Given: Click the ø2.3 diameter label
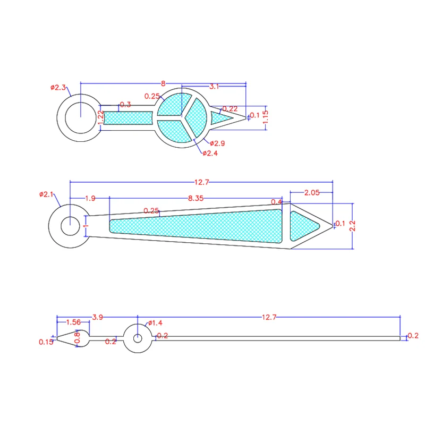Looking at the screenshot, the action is coord(58,88).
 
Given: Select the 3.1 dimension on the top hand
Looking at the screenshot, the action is coord(214,87).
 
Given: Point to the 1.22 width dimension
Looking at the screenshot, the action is coord(100,117).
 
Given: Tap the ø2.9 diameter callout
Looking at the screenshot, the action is coord(217,143).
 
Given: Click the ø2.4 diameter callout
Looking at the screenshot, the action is coord(210,153).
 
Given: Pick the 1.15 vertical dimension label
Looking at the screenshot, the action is coord(265,117).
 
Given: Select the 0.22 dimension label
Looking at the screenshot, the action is coord(230,109).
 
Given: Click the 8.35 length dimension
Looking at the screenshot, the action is coord(195,198).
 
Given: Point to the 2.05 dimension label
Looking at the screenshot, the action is coord(312,193).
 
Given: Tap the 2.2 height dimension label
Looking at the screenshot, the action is coord(353,225).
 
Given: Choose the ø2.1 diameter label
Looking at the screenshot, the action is coord(46,194).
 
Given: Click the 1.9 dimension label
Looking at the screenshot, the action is coord(90,198).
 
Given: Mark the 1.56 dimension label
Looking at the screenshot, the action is coord(73,322).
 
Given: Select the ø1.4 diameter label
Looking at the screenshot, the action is coord(155,323).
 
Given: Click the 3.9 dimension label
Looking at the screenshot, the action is coord(98,317).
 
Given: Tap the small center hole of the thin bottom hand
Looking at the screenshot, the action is coord(138,338).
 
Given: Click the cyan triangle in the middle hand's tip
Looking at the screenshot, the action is coord(302,226).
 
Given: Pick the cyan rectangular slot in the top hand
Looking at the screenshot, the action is coord(128,118).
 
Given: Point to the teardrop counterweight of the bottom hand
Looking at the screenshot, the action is coord(73,338).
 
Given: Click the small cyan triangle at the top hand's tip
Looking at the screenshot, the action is coord(219,118).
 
